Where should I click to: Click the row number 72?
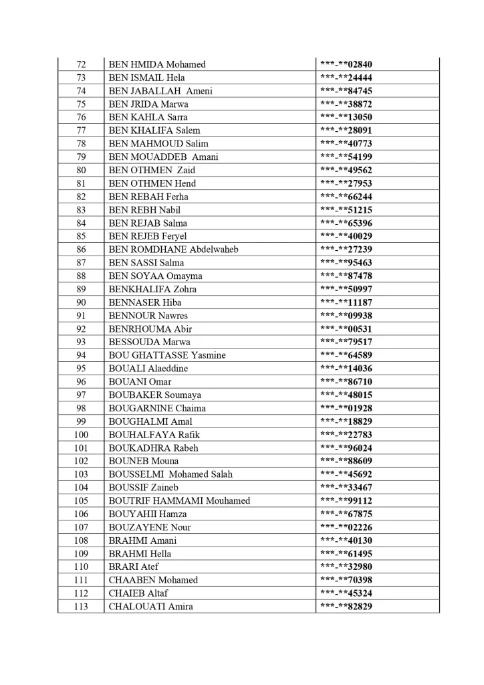click(81, 64)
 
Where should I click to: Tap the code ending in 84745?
click(346, 91)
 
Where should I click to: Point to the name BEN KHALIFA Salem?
click(154, 130)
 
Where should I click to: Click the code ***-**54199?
click(346, 157)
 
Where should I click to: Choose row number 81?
click(81, 183)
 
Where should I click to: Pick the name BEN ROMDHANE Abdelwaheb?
click(174, 250)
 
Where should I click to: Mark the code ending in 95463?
click(346, 263)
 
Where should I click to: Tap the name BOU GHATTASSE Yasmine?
click(167, 355)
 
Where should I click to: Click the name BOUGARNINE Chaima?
click(157, 408)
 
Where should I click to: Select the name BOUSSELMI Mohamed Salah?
click(170, 474)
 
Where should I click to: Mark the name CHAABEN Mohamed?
click(153, 580)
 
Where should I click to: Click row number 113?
click(81, 607)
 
